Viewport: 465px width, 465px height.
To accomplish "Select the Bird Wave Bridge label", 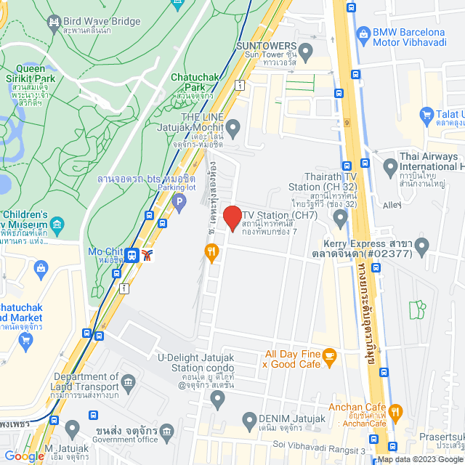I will click(101, 22).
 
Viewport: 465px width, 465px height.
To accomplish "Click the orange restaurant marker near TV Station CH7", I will click(211, 252).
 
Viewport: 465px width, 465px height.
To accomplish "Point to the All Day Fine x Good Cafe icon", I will click(330, 357).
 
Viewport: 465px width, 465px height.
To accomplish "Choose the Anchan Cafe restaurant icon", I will click(395, 411).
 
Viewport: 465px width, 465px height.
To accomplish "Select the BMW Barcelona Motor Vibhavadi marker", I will click(363, 33).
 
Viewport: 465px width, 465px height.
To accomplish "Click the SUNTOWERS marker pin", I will click(306, 52).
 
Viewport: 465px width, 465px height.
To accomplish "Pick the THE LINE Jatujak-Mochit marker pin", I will click(232, 130).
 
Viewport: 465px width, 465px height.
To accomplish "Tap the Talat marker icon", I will click(427, 115).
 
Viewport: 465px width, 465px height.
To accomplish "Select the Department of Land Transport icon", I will click(129, 382).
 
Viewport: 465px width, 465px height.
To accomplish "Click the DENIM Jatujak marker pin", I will click(249, 418).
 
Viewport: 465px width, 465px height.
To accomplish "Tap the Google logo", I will click(23, 456).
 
